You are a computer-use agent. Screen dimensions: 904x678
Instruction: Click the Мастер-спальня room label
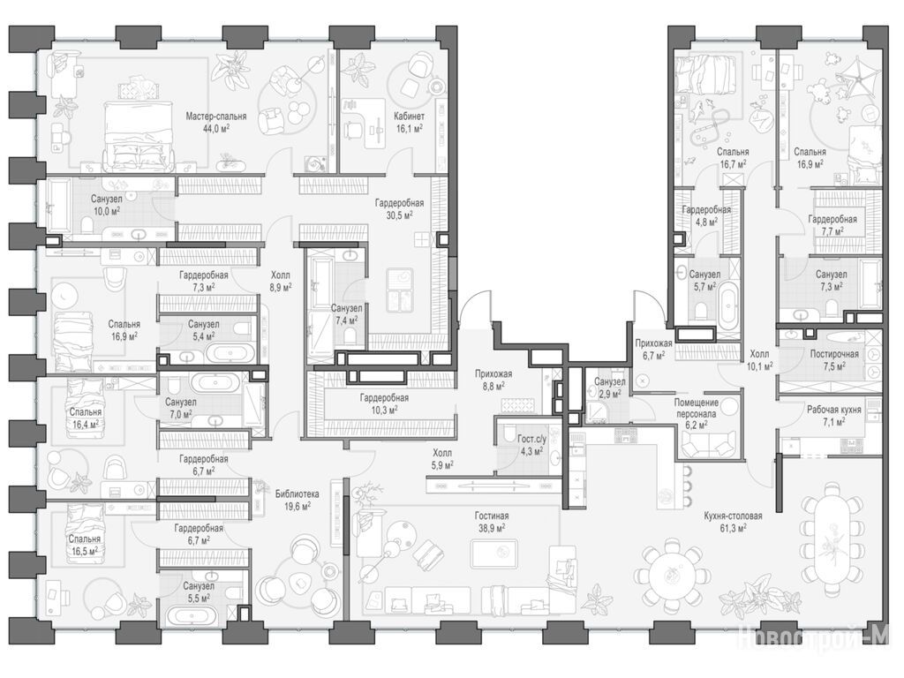pyautogui.click(x=216, y=117)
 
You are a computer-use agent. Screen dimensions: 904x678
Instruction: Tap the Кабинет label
pyautogui.click(x=409, y=116)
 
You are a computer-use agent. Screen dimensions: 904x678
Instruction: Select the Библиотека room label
pyautogui.click(x=297, y=494)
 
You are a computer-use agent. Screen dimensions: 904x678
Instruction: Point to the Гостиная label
pyautogui.click(x=492, y=516)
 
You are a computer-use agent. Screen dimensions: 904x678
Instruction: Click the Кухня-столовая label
pyautogui.click(x=733, y=516)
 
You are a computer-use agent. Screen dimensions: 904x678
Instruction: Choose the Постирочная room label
pyautogui.click(x=834, y=354)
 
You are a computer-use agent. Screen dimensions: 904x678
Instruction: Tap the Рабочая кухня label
pyautogui.click(x=834, y=410)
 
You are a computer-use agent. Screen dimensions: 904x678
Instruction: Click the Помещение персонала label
pyautogui.click(x=697, y=408)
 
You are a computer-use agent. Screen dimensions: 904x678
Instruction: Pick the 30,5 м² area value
pyautogui.click(x=399, y=215)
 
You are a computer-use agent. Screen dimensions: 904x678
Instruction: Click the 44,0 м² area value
pyautogui.click(x=216, y=128)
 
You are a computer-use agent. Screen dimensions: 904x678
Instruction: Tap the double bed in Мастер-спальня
pyautogui.click(x=139, y=136)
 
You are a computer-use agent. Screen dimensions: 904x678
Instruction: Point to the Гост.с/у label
pyautogui.click(x=531, y=440)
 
